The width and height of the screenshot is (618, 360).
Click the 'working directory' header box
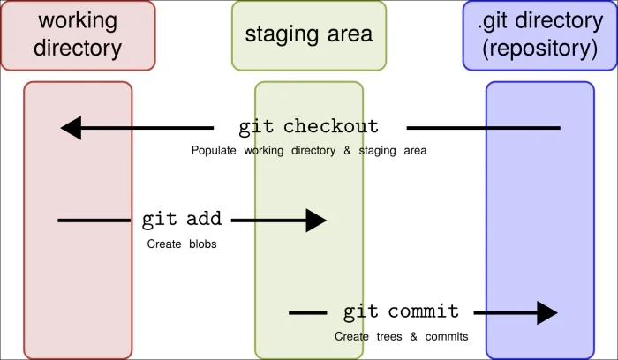click(x=78, y=36)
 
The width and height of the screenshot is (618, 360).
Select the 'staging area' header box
click(x=309, y=36)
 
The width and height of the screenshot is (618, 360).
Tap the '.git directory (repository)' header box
click(x=540, y=36)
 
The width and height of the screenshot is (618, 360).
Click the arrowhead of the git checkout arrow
click(x=72, y=128)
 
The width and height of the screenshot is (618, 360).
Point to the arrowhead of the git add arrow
click(x=316, y=221)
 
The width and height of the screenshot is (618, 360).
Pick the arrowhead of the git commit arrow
click(x=547, y=313)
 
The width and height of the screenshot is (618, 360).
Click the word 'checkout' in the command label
click(x=331, y=126)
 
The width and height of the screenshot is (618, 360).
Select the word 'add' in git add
click(x=204, y=219)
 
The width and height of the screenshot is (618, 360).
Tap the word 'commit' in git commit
click(x=424, y=311)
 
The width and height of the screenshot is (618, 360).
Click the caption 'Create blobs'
click(x=182, y=244)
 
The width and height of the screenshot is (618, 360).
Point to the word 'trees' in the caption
click(x=389, y=337)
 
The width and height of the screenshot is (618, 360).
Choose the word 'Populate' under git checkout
click(x=214, y=151)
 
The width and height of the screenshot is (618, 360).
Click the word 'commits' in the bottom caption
click(x=447, y=337)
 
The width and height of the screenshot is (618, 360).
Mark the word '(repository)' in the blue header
click(x=540, y=49)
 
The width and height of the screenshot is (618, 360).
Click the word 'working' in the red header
click(x=78, y=21)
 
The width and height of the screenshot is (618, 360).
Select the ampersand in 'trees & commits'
click(x=413, y=337)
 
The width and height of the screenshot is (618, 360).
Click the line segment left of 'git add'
click(x=94, y=221)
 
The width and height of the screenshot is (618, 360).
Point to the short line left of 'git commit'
click(x=308, y=313)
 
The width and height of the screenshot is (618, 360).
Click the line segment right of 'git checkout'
click(x=484, y=128)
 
